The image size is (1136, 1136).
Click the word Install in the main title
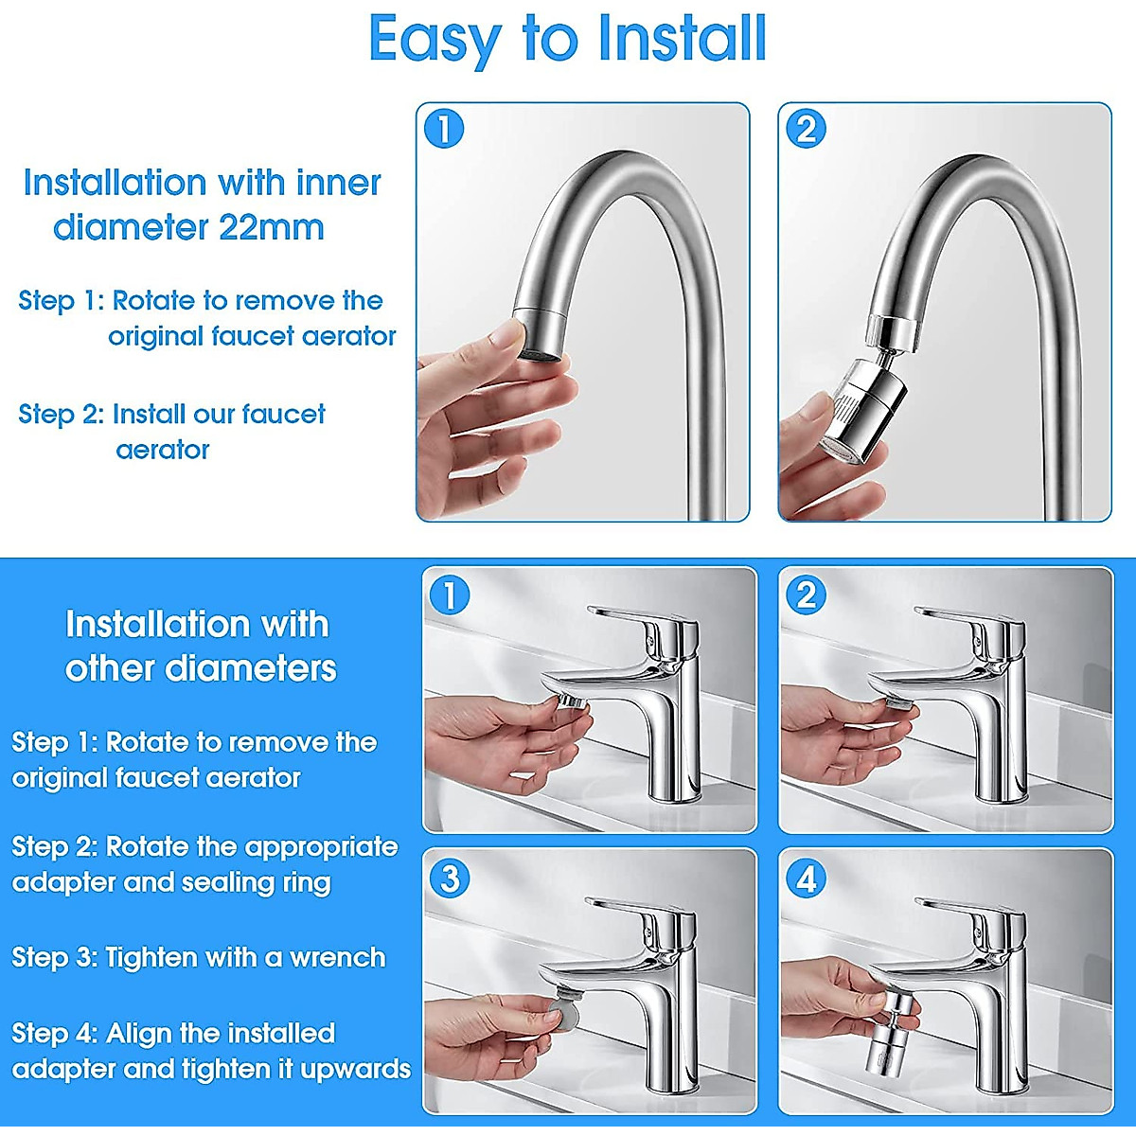(x=682, y=40)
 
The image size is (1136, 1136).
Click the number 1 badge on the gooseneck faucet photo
(x=444, y=129)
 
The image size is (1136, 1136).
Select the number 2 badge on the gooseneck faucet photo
(x=806, y=129)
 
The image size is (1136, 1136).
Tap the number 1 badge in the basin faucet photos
(x=449, y=595)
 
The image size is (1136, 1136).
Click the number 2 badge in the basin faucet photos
(x=806, y=595)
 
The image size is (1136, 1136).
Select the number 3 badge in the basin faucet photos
(x=449, y=879)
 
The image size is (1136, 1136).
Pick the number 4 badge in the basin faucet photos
(x=806, y=879)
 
